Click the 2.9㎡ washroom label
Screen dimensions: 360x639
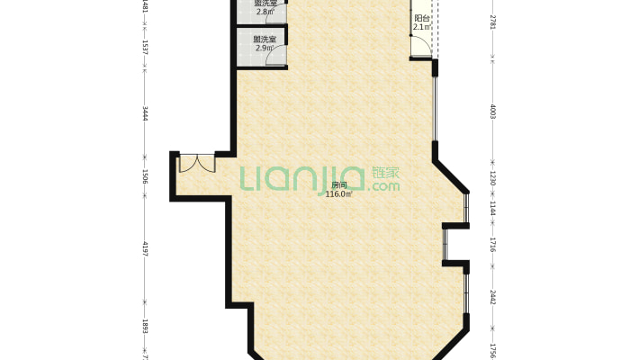(264, 43)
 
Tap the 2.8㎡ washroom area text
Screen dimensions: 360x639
(264, 9)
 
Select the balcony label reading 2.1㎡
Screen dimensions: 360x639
(421, 23)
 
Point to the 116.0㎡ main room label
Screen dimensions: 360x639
(337, 190)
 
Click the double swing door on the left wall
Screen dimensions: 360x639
(196, 163)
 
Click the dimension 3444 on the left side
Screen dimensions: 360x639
(144, 113)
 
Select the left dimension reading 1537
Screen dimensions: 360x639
(144, 46)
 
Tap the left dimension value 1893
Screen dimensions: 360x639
(144, 327)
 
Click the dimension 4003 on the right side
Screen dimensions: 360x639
(492, 112)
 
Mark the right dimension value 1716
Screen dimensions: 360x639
(492, 244)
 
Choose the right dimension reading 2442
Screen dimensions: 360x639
(492, 297)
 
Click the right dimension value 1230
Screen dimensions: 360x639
(492, 179)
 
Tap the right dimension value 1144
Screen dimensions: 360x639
(492, 207)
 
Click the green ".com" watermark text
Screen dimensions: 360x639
(384, 187)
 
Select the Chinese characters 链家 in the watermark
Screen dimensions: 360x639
(385, 173)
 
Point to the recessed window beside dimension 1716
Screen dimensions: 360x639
(445, 243)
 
